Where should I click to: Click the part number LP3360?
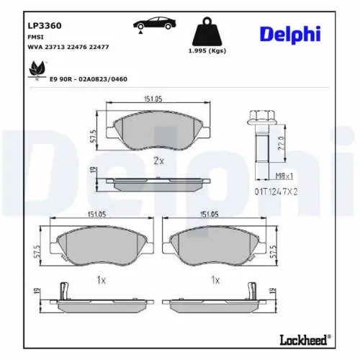pos(44,25)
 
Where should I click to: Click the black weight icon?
pos(207,33)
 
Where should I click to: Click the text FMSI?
pos(35,37)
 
